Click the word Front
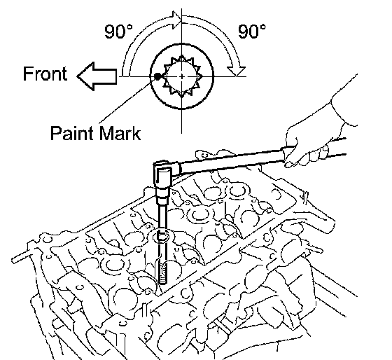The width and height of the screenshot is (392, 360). click(45, 74)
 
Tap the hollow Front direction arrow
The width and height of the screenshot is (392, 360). click(97, 76)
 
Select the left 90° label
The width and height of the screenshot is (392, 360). click(118, 32)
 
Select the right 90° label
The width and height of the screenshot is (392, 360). click(252, 32)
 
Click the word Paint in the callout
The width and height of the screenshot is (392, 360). click(72, 133)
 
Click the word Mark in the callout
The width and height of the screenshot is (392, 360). click(120, 133)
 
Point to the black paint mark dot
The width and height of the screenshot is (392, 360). click(157, 76)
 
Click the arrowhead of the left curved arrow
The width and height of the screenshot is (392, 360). click(176, 20)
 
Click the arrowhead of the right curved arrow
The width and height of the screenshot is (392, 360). click(237, 71)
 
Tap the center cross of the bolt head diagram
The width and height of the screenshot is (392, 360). click(182, 76)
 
